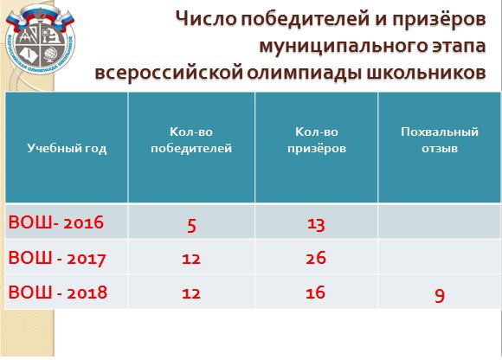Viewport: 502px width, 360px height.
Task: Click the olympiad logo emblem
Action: click(40, 39)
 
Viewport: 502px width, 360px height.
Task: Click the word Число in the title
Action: click(207, 19)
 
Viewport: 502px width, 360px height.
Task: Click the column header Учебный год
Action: click(67, 149)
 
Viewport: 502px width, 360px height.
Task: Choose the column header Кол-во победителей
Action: click(191, 140)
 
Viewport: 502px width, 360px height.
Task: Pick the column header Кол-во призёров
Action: click(317, 140)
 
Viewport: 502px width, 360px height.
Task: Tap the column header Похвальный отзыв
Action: click(440, 140)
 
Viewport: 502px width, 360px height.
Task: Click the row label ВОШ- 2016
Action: click(56, 222)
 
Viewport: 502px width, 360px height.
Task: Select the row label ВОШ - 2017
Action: click(57, 258)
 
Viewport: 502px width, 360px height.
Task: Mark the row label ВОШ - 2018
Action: click(58, 292)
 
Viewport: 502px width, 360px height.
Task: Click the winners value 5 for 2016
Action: click(191, 225)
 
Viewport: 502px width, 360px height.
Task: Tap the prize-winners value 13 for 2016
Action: click(316, 224)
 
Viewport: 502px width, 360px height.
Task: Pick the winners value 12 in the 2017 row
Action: click(191, 259)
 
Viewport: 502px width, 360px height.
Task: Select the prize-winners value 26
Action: click(316, 258)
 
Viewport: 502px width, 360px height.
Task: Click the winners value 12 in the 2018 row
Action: click(191, 293)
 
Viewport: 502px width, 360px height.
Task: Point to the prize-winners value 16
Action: click(315, 292)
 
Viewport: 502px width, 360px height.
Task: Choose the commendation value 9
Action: click(440, 296)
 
